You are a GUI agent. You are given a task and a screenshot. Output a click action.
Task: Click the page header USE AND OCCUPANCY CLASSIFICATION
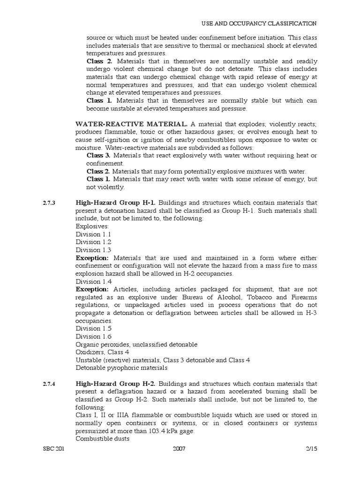click(259, 23)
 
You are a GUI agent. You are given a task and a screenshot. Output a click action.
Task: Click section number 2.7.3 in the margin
click(49, 203)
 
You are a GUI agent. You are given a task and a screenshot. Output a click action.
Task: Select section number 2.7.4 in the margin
click(49, 383)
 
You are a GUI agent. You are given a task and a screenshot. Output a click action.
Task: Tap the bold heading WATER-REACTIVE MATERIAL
click(132, 124)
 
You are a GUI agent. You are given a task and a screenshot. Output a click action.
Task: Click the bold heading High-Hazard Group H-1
click(116, 203)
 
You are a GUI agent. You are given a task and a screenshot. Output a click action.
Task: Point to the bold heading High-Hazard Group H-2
click(116, 383)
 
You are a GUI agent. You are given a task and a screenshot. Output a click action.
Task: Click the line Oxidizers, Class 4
click(103, 352)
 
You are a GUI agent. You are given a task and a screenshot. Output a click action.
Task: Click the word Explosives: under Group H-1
click(92, 226)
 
